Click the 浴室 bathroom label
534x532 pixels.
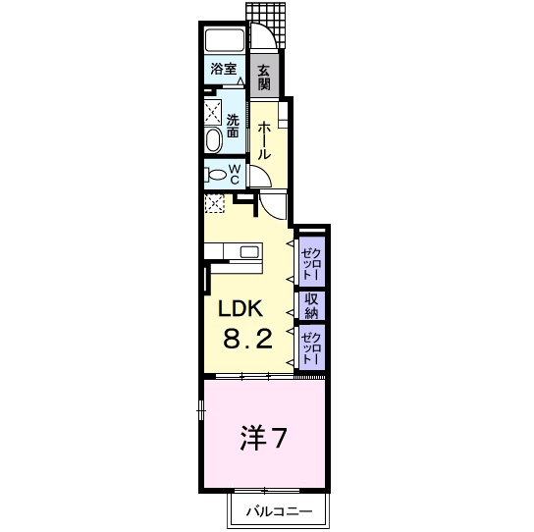tap(224, 69)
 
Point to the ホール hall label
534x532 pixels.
tap(264, 140)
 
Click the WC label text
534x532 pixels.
tap(236, 174)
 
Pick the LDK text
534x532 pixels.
tap(240, 308)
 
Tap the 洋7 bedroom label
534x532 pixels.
tap(264, 437)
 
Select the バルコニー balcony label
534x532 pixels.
tap(280, 511)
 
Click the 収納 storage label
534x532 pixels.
tap(311, 306)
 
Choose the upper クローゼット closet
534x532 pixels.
tap(310, 260)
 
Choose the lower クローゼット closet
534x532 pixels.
tap(310, 347)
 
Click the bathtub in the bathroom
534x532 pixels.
tap(226, 42)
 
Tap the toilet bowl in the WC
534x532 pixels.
tap(217, 176)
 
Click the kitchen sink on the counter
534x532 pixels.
tap(247, 252)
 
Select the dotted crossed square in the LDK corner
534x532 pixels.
tap(214, 203)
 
